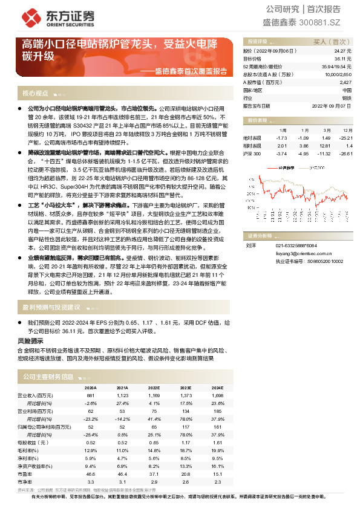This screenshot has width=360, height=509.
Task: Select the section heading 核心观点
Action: pos(35,94)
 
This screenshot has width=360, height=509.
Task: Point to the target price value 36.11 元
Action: pos(342,59)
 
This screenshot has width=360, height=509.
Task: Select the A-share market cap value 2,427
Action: pos(345,82)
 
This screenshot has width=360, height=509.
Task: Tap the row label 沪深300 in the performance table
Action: pos(252,154)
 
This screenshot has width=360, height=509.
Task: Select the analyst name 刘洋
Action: pos(250,245)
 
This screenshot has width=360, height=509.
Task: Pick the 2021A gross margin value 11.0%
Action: pos(122,450)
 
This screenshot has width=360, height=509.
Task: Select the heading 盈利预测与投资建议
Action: pos(51,308)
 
